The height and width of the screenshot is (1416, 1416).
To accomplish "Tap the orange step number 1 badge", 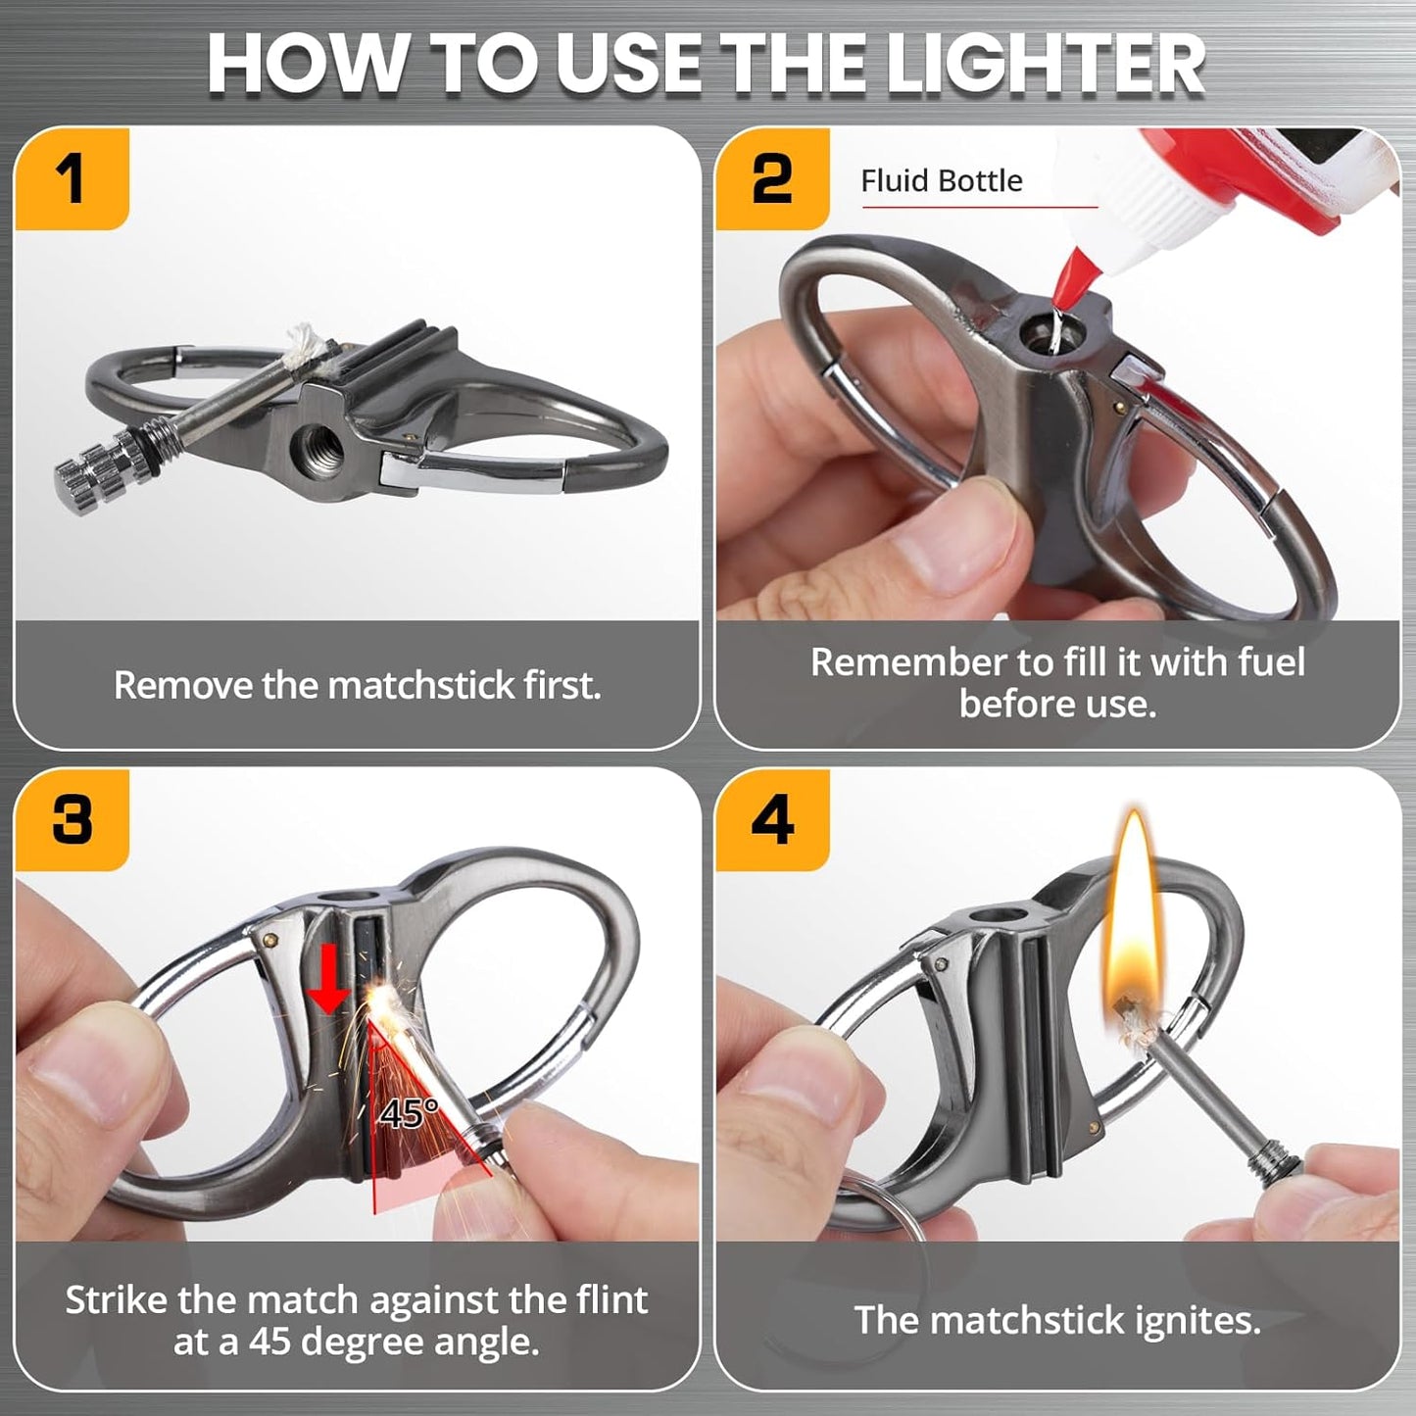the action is click(x=72, y=178).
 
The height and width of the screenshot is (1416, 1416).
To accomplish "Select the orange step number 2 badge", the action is click(x=772, y=178).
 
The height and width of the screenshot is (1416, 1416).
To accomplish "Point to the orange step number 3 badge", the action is click(x=72, y=820).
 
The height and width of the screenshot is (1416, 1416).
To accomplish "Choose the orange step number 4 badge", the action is click(x=772, y=820).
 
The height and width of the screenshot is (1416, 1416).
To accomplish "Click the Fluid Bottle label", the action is click(x=942, y=180).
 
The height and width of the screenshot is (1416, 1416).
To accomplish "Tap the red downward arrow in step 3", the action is click(x=327, y=978).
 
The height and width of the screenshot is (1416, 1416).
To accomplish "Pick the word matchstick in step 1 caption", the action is click(x=421, y=686).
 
